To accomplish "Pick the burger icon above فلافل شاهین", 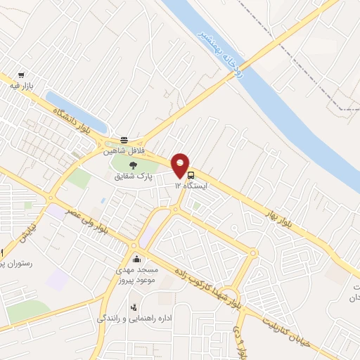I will [124, 140].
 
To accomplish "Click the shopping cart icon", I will [22, 75].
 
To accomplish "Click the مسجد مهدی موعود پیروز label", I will [136, 275].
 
